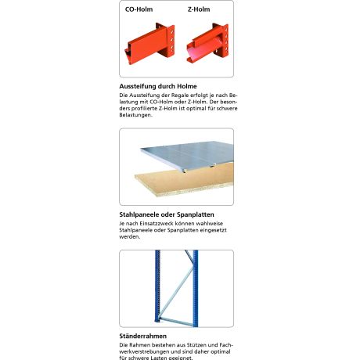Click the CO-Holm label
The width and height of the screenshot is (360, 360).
click(139, 10)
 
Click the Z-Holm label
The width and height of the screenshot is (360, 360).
click(200, 10)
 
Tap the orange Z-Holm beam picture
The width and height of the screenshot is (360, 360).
click(208, 44)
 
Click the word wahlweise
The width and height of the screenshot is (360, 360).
click(218, 224)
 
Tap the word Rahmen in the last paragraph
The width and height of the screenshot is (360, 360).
click(142, 345)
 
